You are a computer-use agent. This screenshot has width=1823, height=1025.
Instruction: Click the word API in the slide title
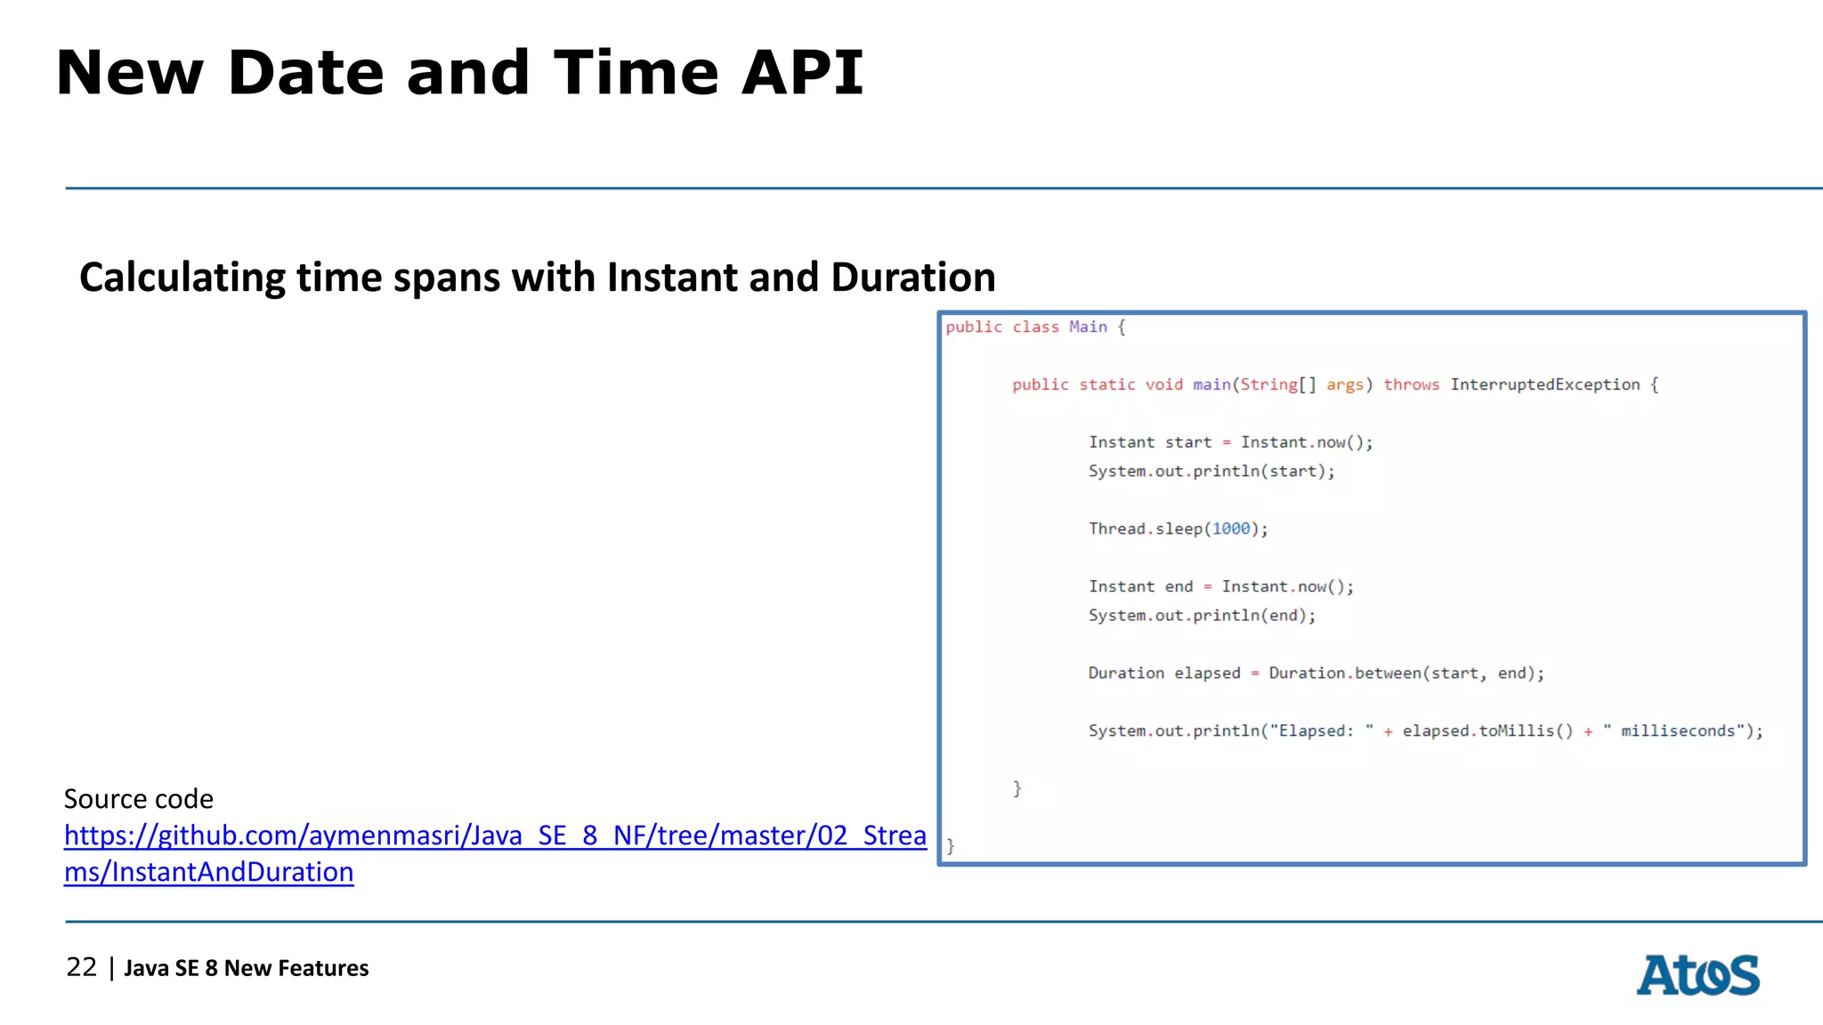pyautogui.click(x=802, y=73)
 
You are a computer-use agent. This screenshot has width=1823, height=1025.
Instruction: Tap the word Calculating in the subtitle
pyautogui.click(x=182, y=278)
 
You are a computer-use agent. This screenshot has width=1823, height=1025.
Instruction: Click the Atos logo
pyautogui.click(x=1697, y=975)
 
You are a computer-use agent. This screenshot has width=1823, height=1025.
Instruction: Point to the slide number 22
pyautogui.click(x=81, y=967)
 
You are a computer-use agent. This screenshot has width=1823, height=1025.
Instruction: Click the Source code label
pyautogui.click(x=139, y=799)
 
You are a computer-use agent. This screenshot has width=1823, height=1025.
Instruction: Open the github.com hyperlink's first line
pyautogui.click(x=495, y=835)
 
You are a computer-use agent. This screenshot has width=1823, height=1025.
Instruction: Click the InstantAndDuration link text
pyautogui.click(x=208, y=872)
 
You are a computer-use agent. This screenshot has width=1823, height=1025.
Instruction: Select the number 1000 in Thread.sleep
pyautogui.click(x=1231, y=529)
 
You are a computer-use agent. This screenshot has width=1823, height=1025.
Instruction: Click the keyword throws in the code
pyautogui.click(x=1411, y=384)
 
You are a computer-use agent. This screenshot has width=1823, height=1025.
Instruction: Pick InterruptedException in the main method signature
pyautogui.click(x=1544, y=384)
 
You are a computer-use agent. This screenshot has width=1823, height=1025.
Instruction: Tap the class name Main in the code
pyautogui.click(x=1088, y=327)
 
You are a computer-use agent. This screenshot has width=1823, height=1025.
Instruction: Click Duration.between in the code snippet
pyautogui.click(x=1344, y=674)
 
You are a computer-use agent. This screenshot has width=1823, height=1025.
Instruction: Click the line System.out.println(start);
pyautogui.click(x=1211, y=471)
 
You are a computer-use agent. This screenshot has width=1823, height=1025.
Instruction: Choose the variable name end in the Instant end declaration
pyautogui.click(x=1179, y=586)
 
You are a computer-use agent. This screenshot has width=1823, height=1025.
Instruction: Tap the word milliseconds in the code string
pyautogui.click(x=1677, y=730)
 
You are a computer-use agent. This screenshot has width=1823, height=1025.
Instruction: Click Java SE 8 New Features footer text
pyautogui.click(x=246, y=968)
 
